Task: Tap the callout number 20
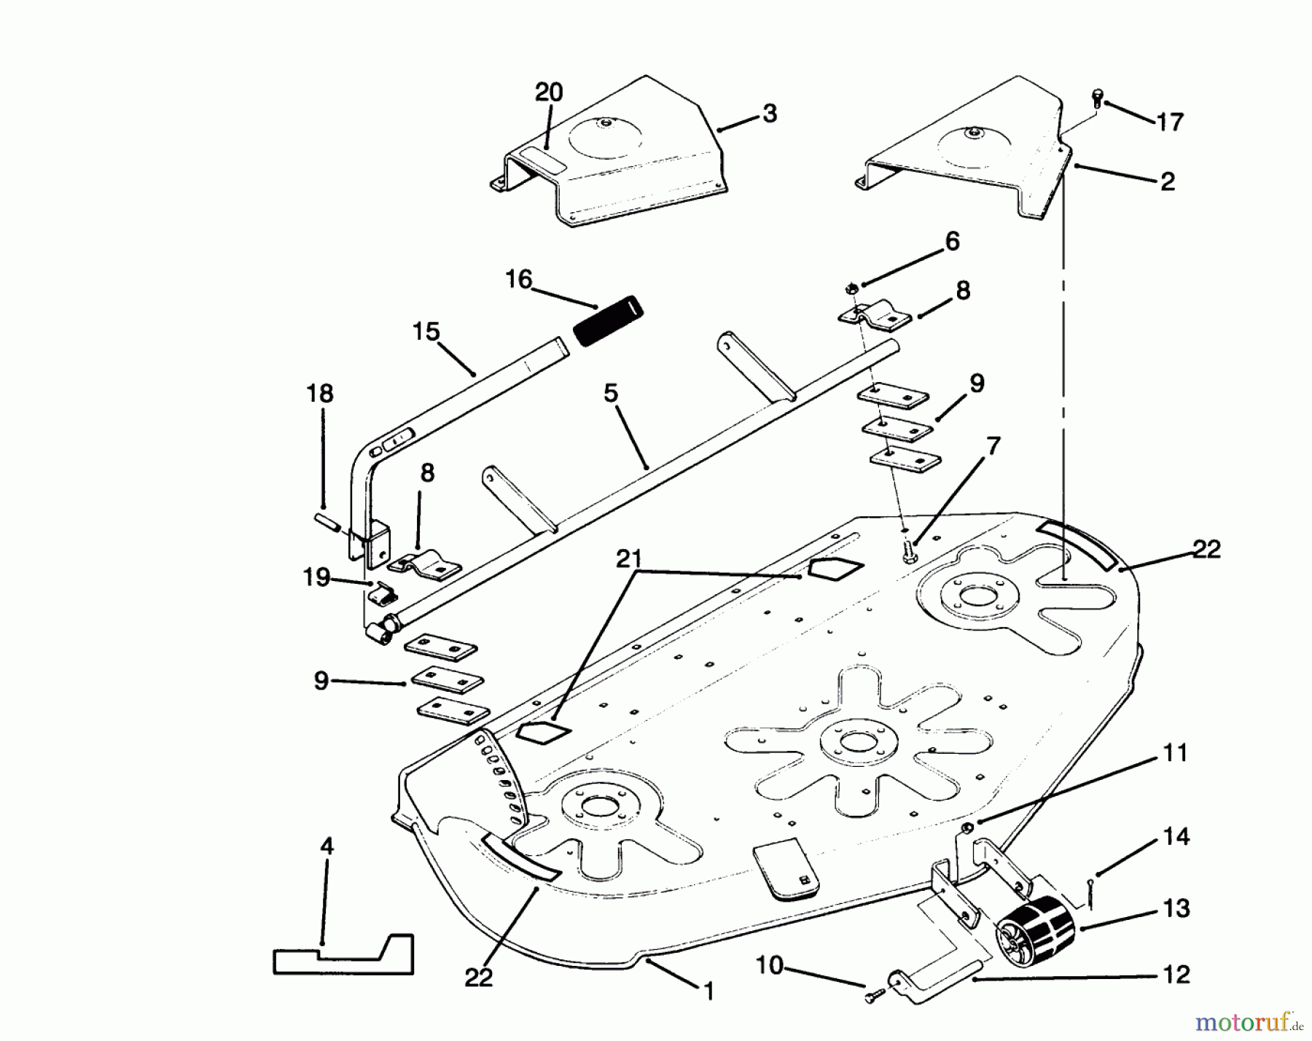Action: coord(549,93)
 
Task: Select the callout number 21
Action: coord(628,560)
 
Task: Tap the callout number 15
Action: coord(426,332)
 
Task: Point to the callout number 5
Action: coord(611,394)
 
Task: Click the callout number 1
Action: coord(707,991)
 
